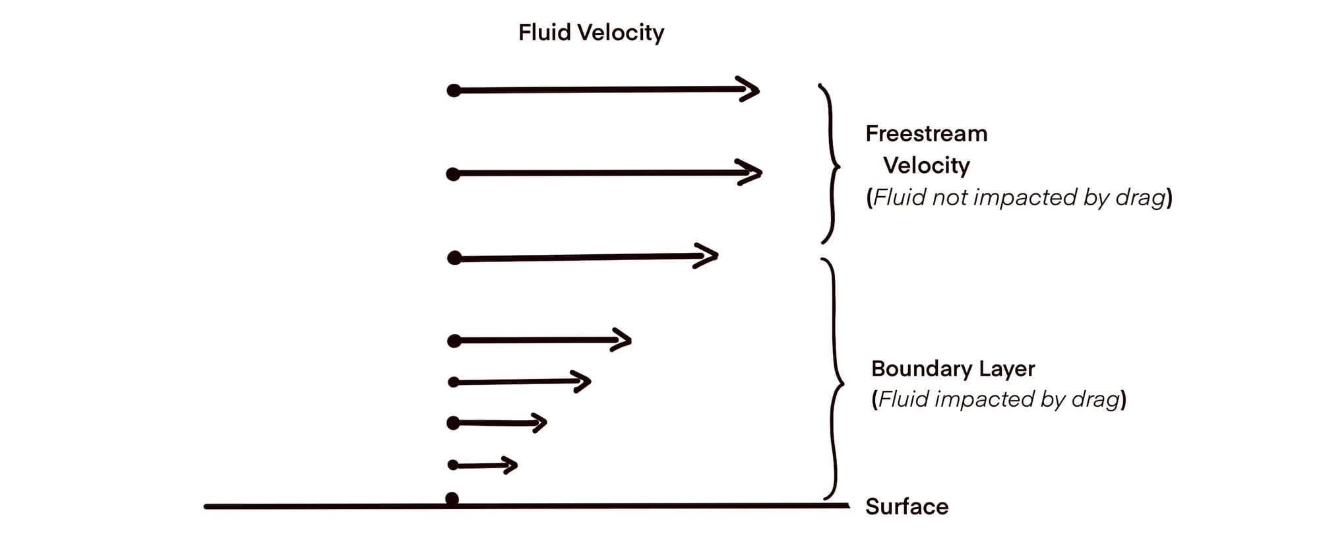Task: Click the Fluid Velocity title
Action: (591, 32)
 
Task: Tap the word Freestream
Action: (926, 134)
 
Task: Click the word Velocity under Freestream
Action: (926, 166)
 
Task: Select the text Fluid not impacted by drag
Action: (1019, 197)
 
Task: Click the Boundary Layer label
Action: (953, 368)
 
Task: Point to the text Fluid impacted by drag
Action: (998, 399)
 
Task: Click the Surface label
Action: (907, 506)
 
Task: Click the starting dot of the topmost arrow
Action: (454, 90)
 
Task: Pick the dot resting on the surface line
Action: (452, 498)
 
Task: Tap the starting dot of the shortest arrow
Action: (453, 465)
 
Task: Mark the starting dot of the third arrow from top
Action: (454, 258)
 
